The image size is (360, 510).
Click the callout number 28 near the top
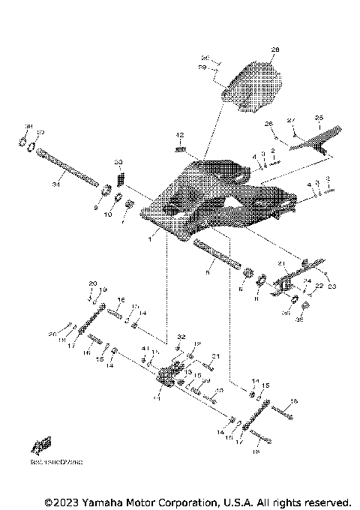pos(274,50)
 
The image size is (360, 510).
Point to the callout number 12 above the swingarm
pos(179,136)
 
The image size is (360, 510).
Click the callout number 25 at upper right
pos(318,118)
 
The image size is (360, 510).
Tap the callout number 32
pos(181,338)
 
